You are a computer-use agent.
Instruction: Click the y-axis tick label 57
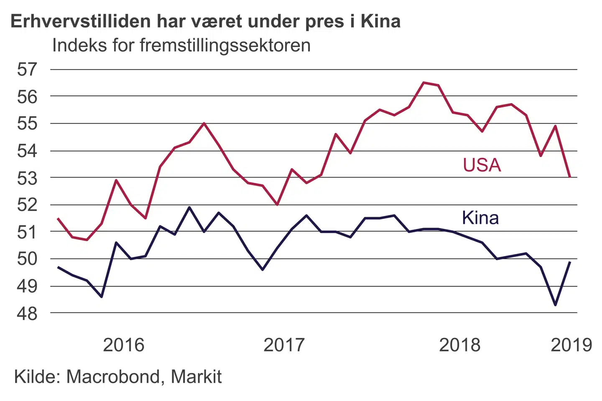[27, 69]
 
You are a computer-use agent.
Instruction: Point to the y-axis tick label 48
[27, 313]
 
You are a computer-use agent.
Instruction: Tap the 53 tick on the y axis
[27, 178]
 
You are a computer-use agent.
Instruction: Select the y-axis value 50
[27, 259]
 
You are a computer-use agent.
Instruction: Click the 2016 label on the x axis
[123, 345]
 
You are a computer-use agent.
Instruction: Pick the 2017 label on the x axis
[284, 345]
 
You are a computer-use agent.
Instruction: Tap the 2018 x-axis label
[459, 345]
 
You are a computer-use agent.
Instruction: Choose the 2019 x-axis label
[571, 345]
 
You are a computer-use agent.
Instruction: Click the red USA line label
[482, 165]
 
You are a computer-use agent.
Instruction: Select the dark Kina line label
[480, 218]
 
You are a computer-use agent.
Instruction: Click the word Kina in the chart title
[380, 21]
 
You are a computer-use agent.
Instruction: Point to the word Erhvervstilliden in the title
[81, 21]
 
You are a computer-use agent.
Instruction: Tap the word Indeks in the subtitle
[79, 45]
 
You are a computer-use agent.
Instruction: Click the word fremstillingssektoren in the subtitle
[225, 45]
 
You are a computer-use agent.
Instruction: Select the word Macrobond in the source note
[113, 377]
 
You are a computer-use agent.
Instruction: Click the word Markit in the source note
[196, 377]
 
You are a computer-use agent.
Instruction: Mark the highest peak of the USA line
[423, 83]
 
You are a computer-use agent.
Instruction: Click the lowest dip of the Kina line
[555, 305]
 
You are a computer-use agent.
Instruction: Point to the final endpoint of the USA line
[570, 177]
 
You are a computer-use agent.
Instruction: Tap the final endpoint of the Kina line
[570, 262]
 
